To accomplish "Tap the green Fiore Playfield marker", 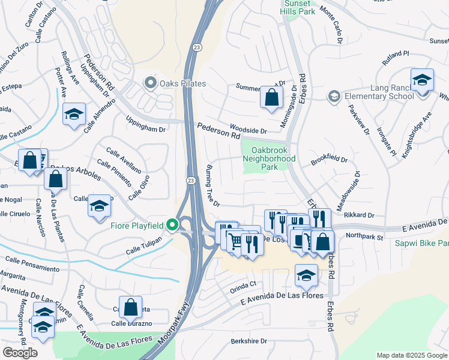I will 173,226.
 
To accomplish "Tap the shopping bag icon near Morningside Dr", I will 271,97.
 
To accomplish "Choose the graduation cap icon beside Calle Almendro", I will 74,114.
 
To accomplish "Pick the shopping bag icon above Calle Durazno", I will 130,307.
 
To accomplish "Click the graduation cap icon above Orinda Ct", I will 306,275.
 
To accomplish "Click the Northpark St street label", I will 364,238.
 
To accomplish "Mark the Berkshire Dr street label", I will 249,341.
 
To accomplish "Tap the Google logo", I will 20,353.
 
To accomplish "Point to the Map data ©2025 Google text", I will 411,355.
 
